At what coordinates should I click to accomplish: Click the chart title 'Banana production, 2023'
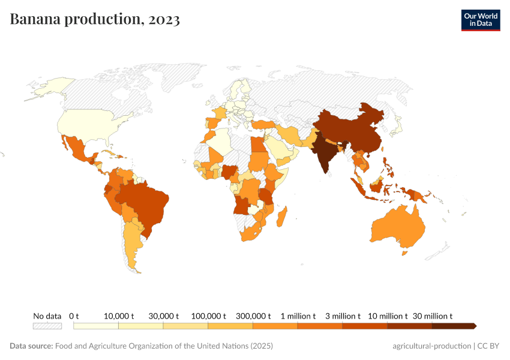[95, 20]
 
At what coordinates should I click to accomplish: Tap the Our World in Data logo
[480, 20]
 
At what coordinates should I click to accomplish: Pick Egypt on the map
[256, 146]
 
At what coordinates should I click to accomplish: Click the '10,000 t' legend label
[118, 316]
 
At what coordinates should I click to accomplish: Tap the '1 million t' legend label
[298, 316]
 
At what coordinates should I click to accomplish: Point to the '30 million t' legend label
[432, 316]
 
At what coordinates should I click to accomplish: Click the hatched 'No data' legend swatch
[47, 326]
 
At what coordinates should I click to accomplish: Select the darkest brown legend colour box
[453, 326]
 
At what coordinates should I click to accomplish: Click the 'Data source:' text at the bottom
[31, 346]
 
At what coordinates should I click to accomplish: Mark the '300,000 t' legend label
[253, 316]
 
